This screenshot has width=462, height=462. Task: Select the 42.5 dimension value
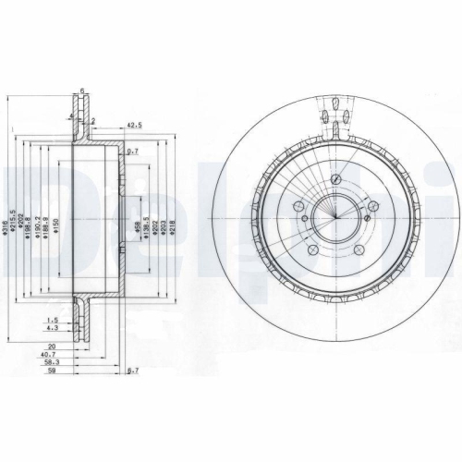[x=133, y=124]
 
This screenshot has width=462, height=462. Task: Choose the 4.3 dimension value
[x=55, y=327]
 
